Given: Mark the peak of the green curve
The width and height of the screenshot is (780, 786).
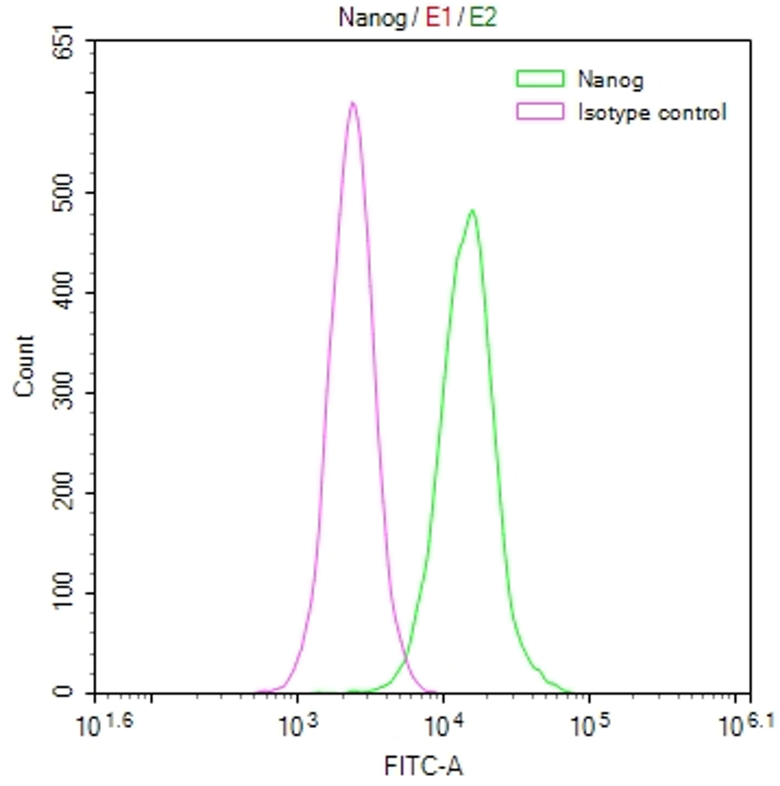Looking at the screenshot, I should (x=472, y=211).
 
